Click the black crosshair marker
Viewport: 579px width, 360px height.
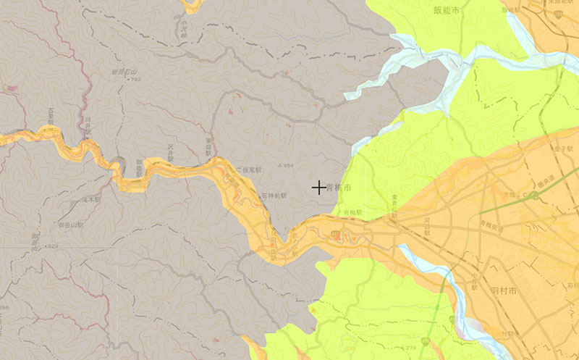pos(318,187)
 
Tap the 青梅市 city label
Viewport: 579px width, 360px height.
pos(339,188)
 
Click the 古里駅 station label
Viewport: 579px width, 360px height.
pos(51,116)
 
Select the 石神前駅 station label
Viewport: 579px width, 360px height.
pos(274,196)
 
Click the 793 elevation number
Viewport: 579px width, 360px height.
pos(135,80)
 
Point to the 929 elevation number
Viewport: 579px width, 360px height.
pos(53,247)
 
